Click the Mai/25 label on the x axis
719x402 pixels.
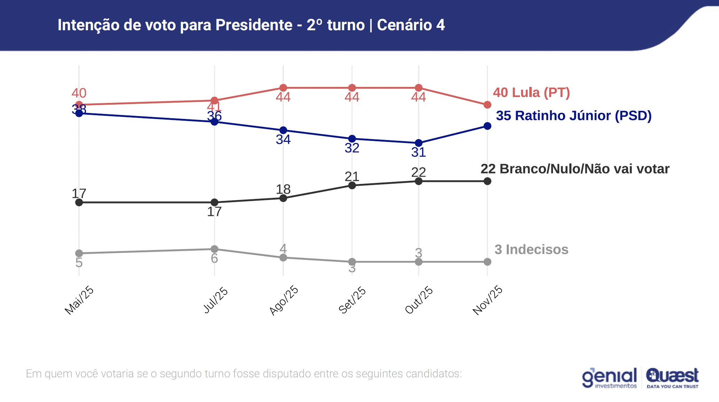tap(79, 300)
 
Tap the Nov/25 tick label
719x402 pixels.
tap(487, 300)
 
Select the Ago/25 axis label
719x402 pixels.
tap(284, 300)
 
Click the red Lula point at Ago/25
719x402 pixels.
tap(283, 88)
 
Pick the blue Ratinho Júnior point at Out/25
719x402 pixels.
tap(419, 143)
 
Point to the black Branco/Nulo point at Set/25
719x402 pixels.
tap(352, 185)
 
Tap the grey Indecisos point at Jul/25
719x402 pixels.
tap(215, 249)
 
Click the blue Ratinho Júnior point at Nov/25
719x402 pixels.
tap(488, 126)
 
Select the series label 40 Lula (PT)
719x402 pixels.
tap(531, 93)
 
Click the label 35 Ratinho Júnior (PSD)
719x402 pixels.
tap(574, 115)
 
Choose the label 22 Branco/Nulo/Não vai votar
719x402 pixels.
tap(575, 169)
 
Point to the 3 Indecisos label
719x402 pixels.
tap(531, 249)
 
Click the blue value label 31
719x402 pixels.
tap(419, 152)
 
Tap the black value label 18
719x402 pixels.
tap(283, 189)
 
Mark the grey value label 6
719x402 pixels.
tap(214, 258)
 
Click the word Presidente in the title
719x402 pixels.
tap(254, 25)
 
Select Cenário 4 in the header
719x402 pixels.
tap(411, 25)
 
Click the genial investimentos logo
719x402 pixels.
tap(609, 378)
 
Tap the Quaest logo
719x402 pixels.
tap(672, 378)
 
